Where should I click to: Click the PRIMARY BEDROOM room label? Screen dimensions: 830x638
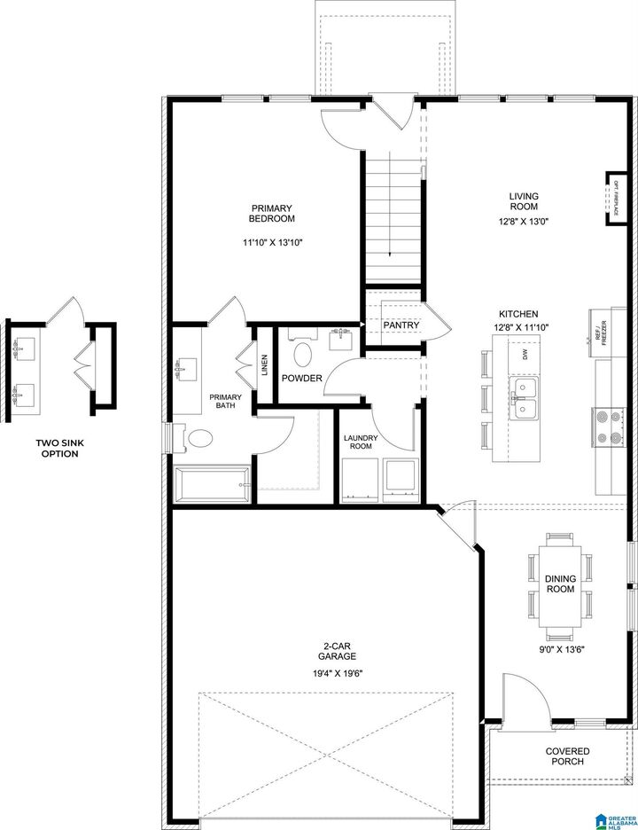coord(271,213)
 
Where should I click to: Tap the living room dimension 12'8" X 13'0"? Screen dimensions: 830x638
coord(524,223)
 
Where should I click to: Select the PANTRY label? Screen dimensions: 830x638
coord(401,325)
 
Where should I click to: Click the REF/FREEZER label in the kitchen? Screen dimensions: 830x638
coord(600,332)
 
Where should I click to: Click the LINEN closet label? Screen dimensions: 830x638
coord(265,365)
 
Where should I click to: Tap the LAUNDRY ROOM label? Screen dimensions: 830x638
coord(361,442)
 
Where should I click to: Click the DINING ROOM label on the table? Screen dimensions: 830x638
coord(560,583)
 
